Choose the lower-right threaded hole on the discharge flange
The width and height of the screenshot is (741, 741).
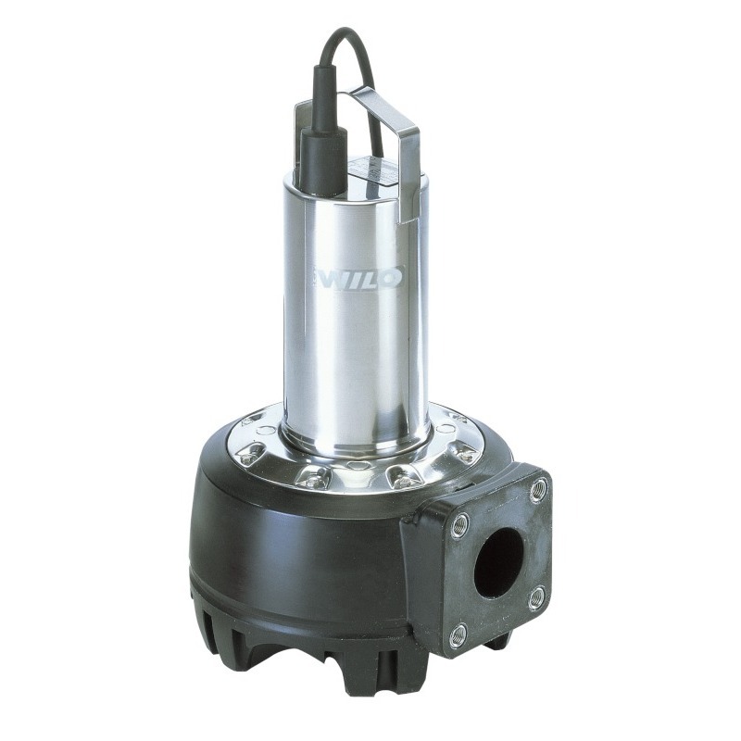(537, 597)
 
